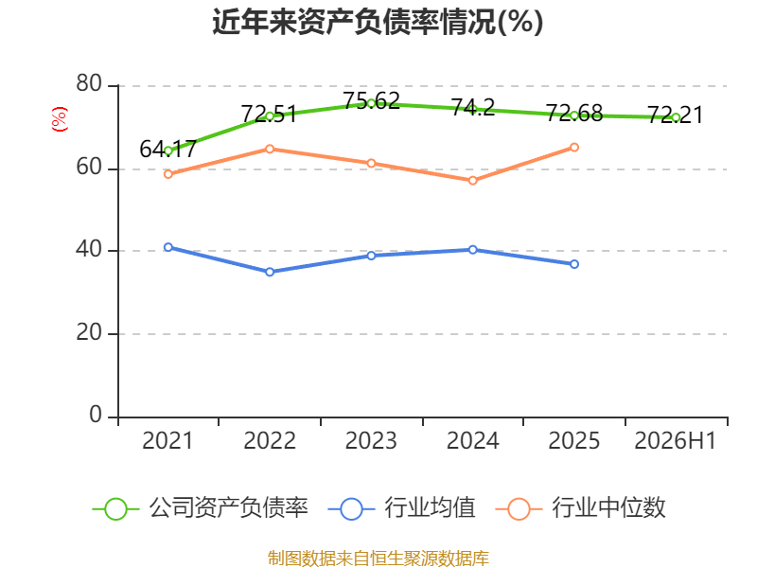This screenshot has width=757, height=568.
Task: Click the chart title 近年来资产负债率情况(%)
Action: [x=378, y=22]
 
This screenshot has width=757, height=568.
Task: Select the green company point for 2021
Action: [x=168, y=151]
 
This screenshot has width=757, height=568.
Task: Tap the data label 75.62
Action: [x=371, y=101]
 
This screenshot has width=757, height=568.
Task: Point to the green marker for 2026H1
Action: [x=676, y=117]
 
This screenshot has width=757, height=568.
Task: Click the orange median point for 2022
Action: [x=270, y=149]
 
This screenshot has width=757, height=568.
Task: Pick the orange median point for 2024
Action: [x=472, y=181]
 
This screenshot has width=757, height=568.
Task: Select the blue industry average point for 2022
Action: [x=270, y=272]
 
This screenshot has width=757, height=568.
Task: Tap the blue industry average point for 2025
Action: [x=574, y=264]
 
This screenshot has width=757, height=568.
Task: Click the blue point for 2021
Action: [x=168, y=247]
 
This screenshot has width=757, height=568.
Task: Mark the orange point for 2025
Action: [x=574, y=148]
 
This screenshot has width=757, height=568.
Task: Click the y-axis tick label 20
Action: [x=89, y=332]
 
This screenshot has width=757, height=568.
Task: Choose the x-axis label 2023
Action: [x=371, y=441]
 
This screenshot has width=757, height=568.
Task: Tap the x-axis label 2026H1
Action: [x=675, y=441]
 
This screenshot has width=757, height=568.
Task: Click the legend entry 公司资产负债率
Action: [x=200, y=508]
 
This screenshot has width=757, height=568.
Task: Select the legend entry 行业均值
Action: [x=401, y=508]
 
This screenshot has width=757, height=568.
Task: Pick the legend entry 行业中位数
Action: [x=581, y=508]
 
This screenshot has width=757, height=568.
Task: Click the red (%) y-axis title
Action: [x=60, y=119]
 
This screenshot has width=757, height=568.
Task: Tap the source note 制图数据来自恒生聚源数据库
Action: [x=378, y=559]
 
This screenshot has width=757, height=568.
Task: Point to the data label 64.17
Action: [x=168, y=150]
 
